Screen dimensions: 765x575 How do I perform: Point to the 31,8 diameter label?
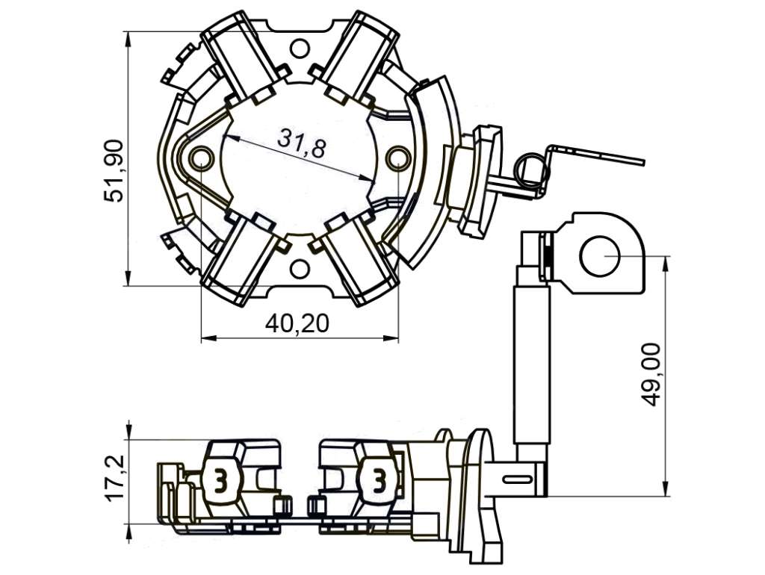tap(301, 143)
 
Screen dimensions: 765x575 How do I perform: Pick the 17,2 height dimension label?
tap(114, 477)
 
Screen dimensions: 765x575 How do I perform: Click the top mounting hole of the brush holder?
tap(300, 49)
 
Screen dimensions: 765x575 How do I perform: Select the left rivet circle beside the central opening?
tap(201, 158)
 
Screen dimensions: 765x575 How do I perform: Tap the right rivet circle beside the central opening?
tap(398, 158)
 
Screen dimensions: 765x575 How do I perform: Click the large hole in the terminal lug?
tap(600, 255)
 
